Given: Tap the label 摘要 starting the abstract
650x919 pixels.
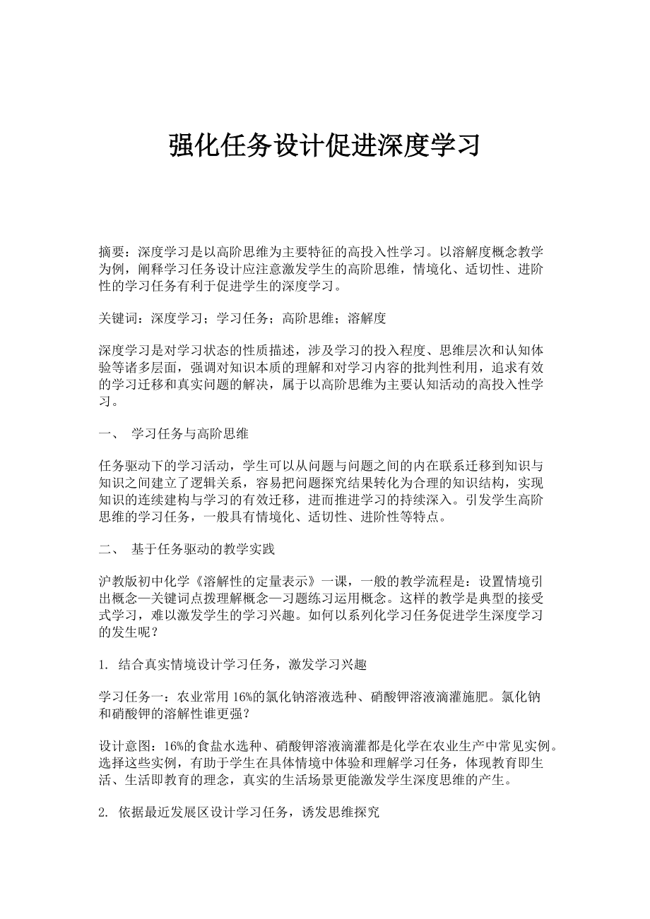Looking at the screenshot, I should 112,251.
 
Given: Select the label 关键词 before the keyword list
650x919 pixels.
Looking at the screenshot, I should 118,318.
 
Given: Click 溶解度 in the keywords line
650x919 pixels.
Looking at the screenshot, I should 367,318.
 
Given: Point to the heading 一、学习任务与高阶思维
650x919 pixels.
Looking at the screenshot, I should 173,433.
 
